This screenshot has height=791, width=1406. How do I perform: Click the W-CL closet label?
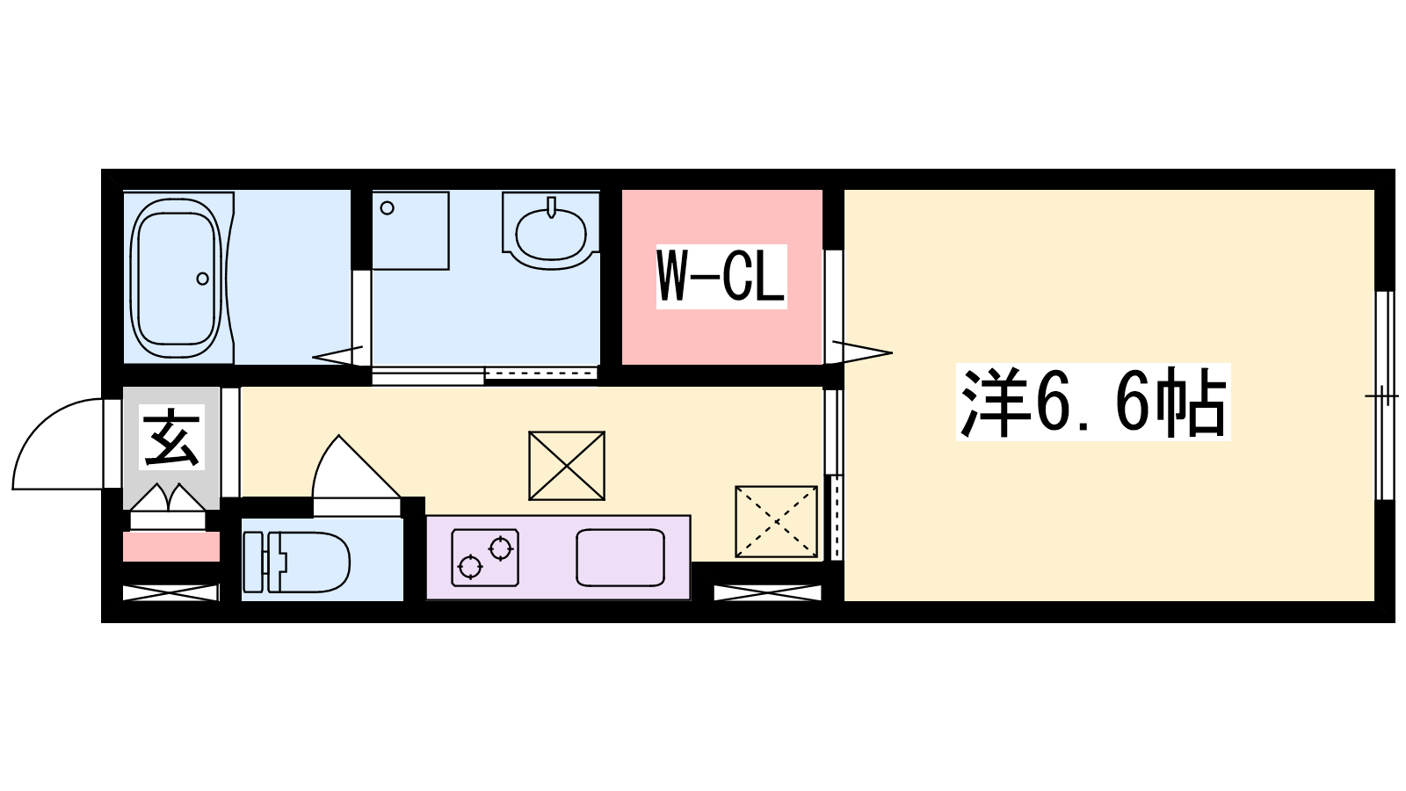721,276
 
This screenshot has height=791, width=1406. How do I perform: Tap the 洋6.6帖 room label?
1093,402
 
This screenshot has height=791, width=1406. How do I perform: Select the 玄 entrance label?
171,438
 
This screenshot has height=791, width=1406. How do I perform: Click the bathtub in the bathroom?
177,278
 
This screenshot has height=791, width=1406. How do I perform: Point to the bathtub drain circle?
202,278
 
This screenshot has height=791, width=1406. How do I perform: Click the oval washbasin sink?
550,234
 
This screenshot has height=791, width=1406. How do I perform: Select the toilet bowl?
309,562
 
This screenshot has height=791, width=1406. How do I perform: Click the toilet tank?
253,562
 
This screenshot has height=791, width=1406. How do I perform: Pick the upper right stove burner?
501,548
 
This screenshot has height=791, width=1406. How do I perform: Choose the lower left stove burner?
469,567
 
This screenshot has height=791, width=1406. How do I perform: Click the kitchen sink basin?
620,558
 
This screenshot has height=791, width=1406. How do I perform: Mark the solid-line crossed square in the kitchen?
567,466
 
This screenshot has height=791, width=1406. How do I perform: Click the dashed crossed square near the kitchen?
777,522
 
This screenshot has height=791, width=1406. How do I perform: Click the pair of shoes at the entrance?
168,497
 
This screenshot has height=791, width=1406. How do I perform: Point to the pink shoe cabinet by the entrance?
170,546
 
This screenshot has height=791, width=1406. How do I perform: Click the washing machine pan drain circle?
388,207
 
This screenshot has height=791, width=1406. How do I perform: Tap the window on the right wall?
1384,395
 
